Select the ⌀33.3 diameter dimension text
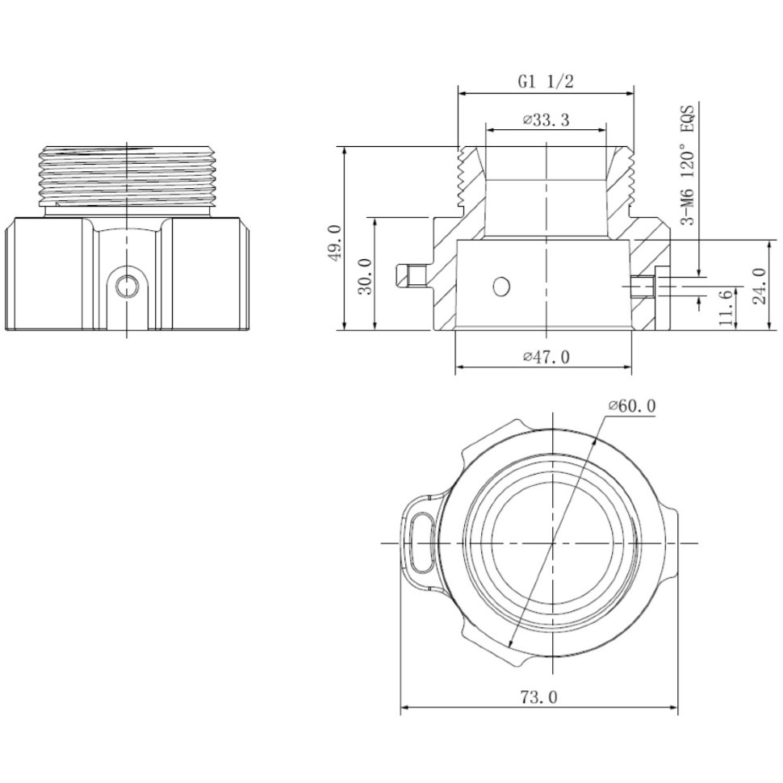click(x=546, y=120)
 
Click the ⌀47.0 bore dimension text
click(x=546, y=357)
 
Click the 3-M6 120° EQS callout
click(x=689, y=165)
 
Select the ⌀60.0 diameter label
click(x=632, y=406)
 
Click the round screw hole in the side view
click(x=128, y=285)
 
